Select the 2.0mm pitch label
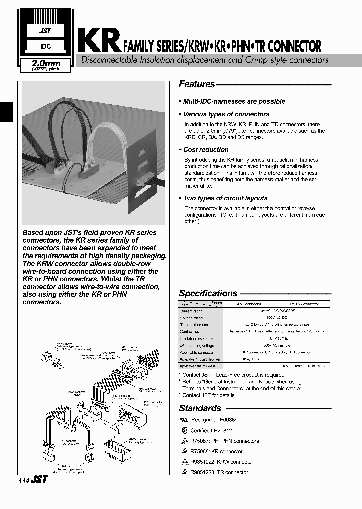coord(46,65)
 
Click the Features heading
coord(197,84)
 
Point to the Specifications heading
coord(208,293)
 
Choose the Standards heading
coord(200,408)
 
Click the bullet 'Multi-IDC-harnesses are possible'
coord(233,101)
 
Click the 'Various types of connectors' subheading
coord(226,114)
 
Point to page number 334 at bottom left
coord(23,480)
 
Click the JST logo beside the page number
coord(40,480)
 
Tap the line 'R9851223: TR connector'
coord(219,472)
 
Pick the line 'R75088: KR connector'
coord(216,451)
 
